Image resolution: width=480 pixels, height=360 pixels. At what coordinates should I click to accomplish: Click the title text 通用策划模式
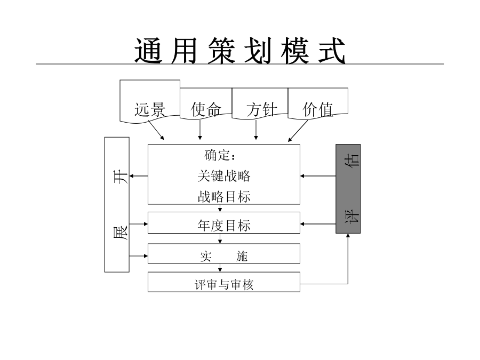tap(240, 51)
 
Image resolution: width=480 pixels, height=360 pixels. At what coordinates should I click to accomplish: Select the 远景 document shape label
tap(150, 109)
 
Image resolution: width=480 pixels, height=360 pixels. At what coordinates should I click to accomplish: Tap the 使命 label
tap(206, 109)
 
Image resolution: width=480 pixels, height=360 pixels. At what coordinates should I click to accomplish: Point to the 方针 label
tap(262, 109)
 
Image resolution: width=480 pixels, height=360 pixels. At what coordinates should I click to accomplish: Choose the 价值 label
tap(318, 109)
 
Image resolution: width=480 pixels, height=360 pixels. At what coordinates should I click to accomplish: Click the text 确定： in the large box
tap(220, 155)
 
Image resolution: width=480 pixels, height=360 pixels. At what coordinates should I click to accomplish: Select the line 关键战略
tap(224, 176)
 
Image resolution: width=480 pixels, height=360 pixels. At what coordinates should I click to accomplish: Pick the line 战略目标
tap(224, 196)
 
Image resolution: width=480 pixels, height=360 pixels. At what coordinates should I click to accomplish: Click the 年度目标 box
tap(224, 223)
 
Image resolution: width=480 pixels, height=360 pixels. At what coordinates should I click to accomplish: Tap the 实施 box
tap(224, 253)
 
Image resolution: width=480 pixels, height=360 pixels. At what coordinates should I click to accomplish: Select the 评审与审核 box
tap(224, 282)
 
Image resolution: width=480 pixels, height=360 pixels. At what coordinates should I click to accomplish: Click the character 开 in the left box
tap(121, 177)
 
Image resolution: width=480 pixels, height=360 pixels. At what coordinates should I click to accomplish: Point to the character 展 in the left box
tap(121, 233)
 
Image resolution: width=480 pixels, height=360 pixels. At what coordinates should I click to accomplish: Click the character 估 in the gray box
tap(352, 160)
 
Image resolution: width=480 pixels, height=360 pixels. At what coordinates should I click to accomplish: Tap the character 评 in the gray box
tap(352, 216)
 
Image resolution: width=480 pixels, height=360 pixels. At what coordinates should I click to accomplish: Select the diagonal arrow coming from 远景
tap(156, 130)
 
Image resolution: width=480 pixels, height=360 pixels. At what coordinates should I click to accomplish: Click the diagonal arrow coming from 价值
tap(298, 131)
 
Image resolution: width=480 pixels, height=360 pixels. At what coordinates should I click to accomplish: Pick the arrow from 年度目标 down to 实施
tap(220, 238)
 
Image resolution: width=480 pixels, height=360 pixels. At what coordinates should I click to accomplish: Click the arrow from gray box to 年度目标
tap(318, 224)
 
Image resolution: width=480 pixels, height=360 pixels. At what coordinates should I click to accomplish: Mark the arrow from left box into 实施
tap(138, 255)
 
